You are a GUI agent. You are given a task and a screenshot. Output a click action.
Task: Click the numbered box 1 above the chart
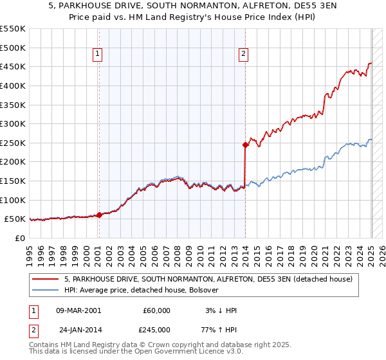click(98, 55)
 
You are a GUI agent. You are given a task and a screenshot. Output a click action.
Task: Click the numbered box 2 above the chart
click(244, 55)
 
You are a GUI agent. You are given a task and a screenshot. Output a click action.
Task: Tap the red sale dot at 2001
click(99, 215)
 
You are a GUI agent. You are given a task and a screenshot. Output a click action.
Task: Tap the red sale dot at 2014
click(245, 145)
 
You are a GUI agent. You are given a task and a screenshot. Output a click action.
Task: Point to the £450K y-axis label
click(13, 66)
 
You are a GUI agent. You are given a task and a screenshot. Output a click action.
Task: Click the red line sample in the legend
click(46, 279)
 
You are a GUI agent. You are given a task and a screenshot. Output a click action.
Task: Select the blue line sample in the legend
click(46, 290)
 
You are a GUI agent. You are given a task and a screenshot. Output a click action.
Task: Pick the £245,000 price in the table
click(157, 329)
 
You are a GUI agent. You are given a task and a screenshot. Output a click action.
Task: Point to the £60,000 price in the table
click(157, 310)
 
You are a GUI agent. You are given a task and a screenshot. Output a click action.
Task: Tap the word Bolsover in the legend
click(203, 290)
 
